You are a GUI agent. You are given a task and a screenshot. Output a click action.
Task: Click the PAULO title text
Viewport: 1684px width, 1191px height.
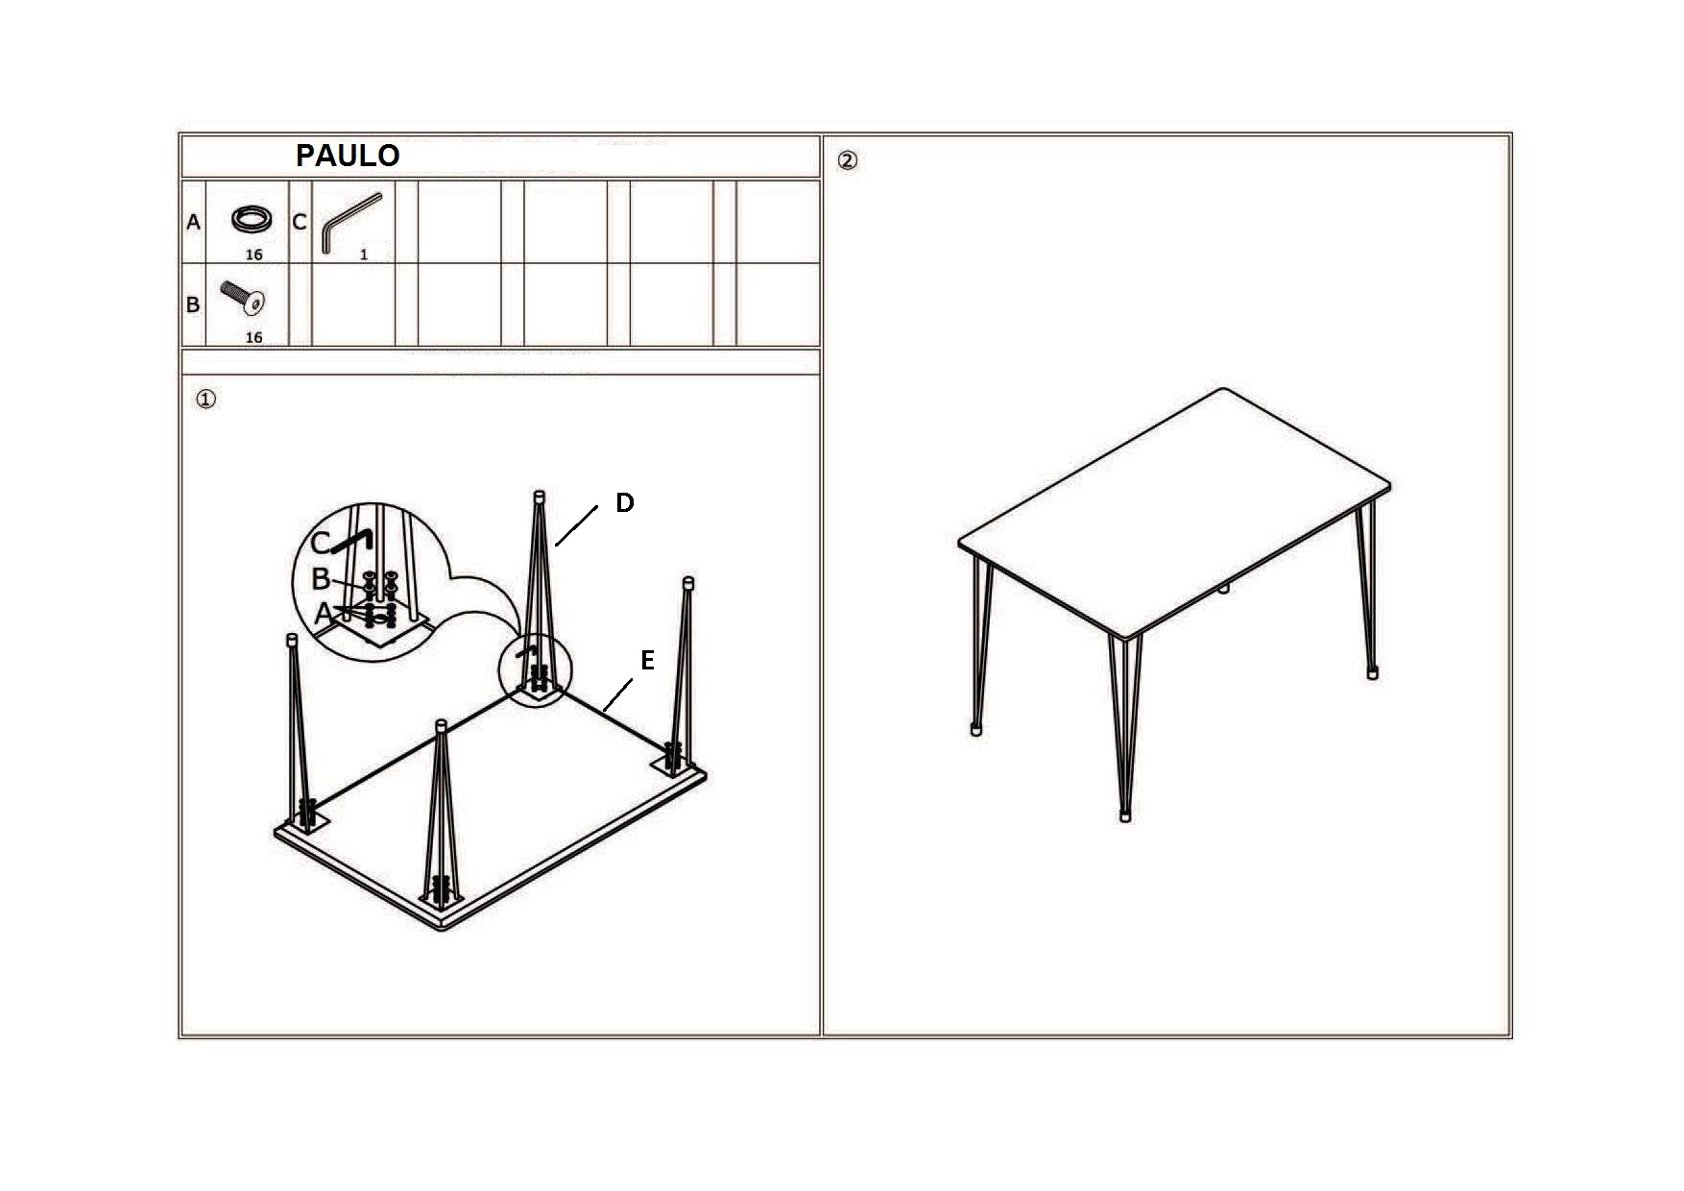(348, 156)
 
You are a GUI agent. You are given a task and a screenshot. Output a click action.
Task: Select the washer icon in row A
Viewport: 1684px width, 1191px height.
(252, 219)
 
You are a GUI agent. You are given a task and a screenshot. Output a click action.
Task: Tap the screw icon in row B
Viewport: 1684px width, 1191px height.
(243, 299)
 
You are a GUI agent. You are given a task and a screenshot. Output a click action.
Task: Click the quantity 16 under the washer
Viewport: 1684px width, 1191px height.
(253, 255)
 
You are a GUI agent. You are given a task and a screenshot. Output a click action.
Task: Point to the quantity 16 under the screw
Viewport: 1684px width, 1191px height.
(253, 337)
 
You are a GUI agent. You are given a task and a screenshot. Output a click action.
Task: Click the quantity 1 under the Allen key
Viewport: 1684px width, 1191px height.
(364, 255)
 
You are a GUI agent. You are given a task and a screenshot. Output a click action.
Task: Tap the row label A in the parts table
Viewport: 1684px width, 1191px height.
(193, 223)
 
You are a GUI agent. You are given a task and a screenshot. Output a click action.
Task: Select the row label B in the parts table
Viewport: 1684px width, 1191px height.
(193, 304)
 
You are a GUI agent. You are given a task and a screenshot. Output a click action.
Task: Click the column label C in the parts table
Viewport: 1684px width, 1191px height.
(300, 222)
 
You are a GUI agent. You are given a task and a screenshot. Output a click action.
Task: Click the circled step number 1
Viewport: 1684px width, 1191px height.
(205, 399)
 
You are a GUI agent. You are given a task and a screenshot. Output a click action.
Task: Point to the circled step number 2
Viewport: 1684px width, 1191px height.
(848, 160)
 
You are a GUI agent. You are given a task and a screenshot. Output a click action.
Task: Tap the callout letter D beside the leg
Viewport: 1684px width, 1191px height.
(625, 502)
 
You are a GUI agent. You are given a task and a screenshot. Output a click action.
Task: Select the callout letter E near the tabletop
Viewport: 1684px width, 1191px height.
(648, 661)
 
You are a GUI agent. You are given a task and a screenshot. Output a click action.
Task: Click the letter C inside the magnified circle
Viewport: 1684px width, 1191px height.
(321, 544)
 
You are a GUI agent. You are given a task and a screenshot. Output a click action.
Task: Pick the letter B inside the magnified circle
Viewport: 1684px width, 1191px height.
(322, 579)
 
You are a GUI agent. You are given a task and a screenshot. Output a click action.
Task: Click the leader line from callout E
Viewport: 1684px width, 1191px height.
(618, 694)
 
